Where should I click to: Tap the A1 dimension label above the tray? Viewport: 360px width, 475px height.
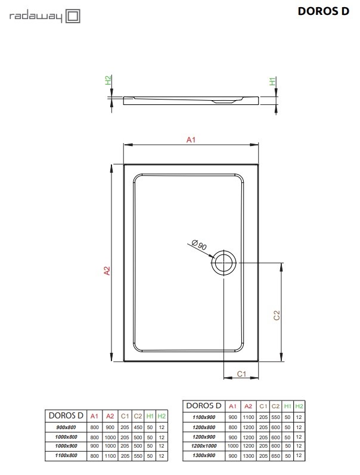(x=191, y=139)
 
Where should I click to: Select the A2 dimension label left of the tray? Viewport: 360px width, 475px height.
(x=107, y=270)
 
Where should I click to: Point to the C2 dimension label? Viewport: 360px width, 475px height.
(x=276, y=315)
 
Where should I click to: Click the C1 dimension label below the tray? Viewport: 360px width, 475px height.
(x=242, y=374)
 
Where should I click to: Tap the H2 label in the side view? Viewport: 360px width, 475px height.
(x=108, y=80)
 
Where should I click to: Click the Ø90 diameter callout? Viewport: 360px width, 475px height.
(x=199, y=244)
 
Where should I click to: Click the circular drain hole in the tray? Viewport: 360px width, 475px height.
(x=224, y=262)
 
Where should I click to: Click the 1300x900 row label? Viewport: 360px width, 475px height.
(x=204, y=455)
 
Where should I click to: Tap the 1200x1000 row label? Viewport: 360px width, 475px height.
(x=204, y=445)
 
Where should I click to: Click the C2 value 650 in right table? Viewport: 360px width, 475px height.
(x=275, y=455)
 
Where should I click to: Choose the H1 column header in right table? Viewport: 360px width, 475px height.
(x=287, y=406)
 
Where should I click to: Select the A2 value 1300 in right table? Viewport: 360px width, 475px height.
(x=248, y=455)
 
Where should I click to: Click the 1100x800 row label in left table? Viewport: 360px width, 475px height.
(x=66, y=456)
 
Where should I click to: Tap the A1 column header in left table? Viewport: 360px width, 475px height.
(x=94, y=416)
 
